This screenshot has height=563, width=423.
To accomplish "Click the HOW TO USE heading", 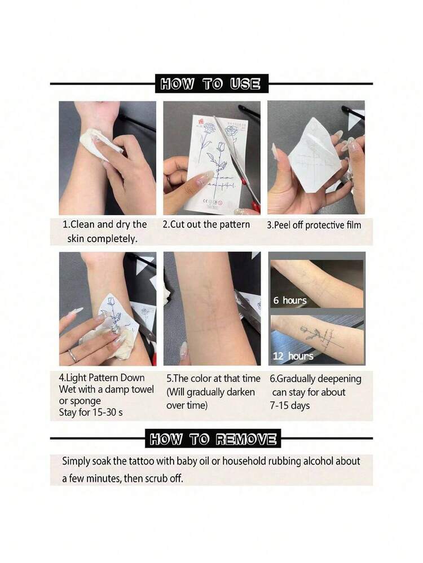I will pyautogui.click(x=211, y=84).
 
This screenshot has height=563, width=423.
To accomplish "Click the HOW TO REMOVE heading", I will pyautogui.click(x=213, y=439).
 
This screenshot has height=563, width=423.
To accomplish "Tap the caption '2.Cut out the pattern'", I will pyautogui.click(x=206, y=224).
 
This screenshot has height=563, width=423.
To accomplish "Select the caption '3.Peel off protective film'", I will pyautogui.click(x=314, y=225).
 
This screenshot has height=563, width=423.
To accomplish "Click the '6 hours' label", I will pyautogui.click(x=290, y=300).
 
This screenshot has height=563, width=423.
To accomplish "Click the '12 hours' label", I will pyautogui.click(x=293, y=356).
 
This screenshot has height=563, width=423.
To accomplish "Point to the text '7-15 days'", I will pyautogui.click(x=290, y=406).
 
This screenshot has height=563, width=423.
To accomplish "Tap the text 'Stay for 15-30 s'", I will pyautogui.click(x=91, y=412).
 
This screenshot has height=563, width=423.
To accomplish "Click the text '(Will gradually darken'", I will pyautogui.click(x=210, y=392).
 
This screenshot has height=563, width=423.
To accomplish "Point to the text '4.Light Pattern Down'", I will pyautogui.click(x=102, y=378).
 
